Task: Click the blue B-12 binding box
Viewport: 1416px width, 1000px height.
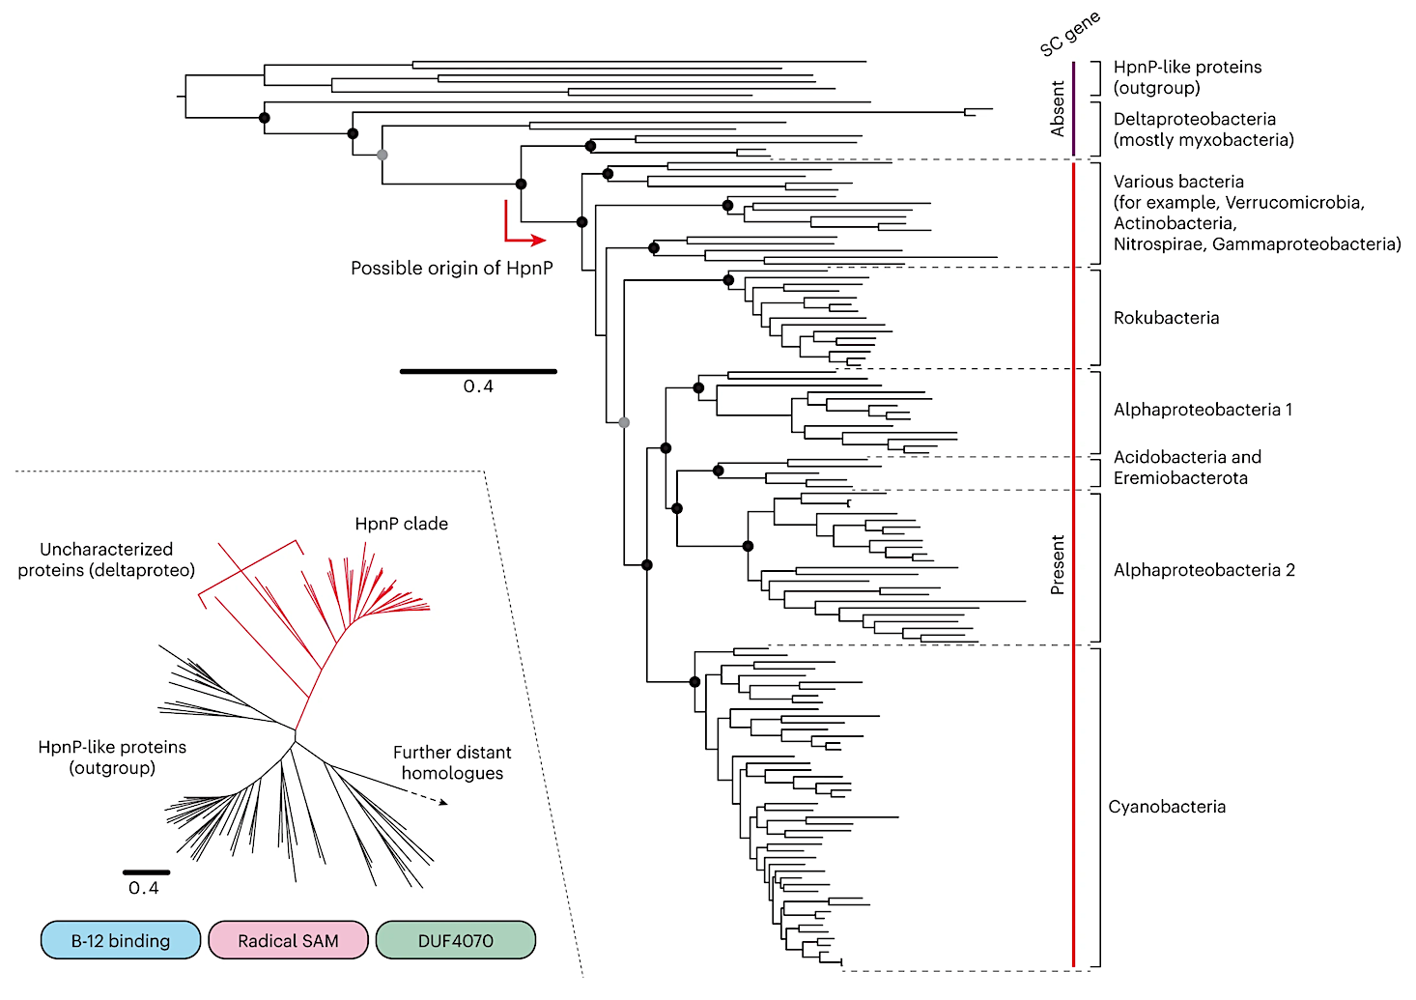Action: point(121,940)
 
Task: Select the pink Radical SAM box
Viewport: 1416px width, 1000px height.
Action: point(288,940)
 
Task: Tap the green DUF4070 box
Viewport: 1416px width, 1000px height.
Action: point(455,940)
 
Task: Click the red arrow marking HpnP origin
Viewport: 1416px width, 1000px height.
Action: point(522,233)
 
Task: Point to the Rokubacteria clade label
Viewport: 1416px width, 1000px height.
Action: point(1166,318)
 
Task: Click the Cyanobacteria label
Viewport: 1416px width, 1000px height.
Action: point(1167,807)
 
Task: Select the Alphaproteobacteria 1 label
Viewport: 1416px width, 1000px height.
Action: point(1203,410)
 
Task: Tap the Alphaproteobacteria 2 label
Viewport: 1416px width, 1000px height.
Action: point(1204,570)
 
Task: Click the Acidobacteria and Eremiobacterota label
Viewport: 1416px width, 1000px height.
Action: point(1187,468)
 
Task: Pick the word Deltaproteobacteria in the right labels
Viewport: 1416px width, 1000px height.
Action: point(1194,119)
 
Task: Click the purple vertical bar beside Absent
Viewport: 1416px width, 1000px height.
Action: point(1073,108)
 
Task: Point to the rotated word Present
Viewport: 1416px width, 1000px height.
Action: point(1058,565)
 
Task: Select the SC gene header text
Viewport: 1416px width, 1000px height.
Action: point(1069,34)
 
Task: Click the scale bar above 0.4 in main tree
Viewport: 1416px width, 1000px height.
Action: point(478,371)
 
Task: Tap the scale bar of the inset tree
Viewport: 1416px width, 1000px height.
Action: point(146,872)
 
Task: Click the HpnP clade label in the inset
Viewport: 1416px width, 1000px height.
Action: point(401,524)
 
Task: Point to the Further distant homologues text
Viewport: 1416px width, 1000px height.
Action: point(452,762)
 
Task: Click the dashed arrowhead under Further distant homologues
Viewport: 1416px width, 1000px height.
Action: point(442,802)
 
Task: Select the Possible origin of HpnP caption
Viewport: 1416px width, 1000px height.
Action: point(451,268)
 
